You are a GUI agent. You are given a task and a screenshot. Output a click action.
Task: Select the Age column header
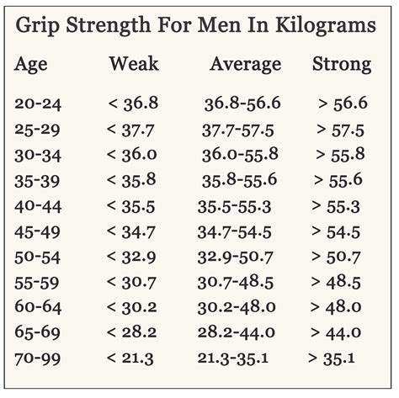(32, 64)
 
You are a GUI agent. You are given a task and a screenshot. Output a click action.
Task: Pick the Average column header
(245, 64)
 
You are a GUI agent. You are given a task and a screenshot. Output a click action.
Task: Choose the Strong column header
(341, 64)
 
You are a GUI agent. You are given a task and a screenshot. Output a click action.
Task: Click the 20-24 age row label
(38, 103)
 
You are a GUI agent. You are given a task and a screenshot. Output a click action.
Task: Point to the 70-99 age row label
(38, 358)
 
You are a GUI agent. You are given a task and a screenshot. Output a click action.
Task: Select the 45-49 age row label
(38, 231)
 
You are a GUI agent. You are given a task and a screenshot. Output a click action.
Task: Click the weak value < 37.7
(132, 130)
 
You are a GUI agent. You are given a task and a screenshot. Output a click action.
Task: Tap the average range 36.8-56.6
(242, 103)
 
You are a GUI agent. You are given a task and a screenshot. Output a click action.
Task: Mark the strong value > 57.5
(341, 130)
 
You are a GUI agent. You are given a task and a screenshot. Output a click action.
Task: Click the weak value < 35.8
(132, 180)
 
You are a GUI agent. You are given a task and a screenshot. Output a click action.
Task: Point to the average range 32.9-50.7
(235, 257)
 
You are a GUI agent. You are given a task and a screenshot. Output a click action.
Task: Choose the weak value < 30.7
(132, 283)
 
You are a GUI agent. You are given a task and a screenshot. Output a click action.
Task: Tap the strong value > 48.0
(337, 308)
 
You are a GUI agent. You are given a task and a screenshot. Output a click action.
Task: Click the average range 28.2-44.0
(235, 333)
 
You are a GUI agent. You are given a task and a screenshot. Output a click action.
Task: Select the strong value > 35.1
(332, 358)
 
